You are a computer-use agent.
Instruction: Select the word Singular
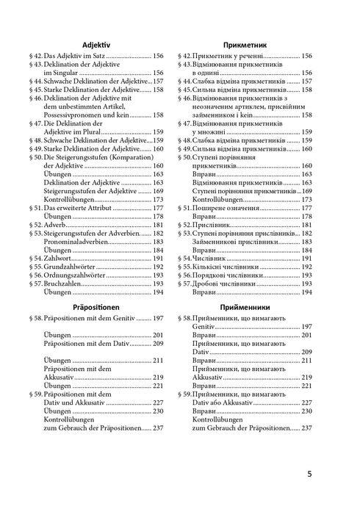pyautogui.click(x=62, y=73)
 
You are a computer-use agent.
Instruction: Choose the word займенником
pyautogui.click(x=220, y=115)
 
